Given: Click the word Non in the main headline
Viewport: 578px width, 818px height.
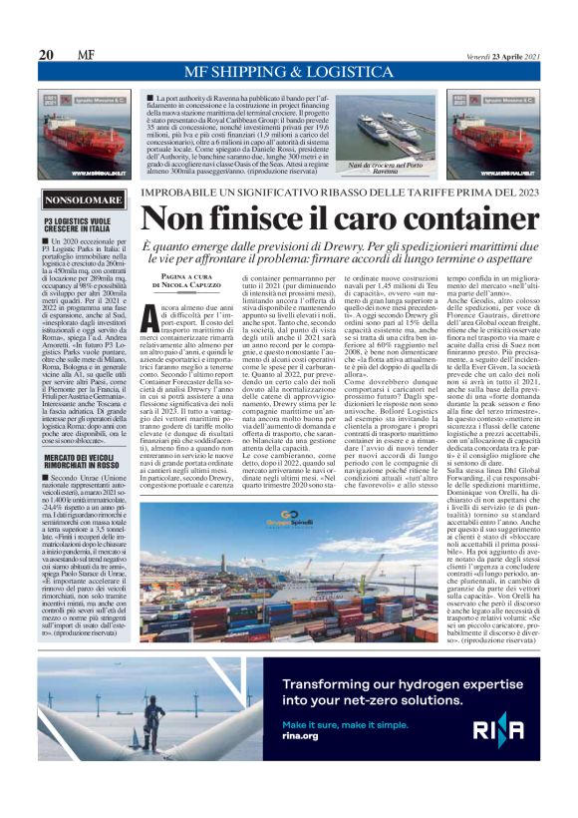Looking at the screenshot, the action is [179, 219].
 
